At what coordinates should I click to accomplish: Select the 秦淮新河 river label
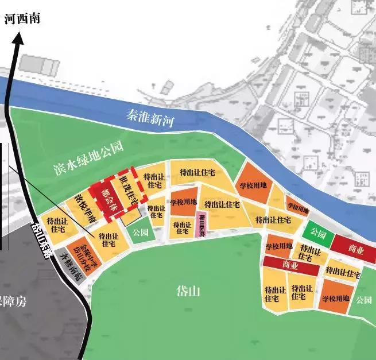(x=150, y=118)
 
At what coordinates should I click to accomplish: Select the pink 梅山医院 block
(x=201, y=223)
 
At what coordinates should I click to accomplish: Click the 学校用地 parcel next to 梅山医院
(x=184, y=203)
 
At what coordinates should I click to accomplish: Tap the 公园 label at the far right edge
(x=363, y=300)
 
